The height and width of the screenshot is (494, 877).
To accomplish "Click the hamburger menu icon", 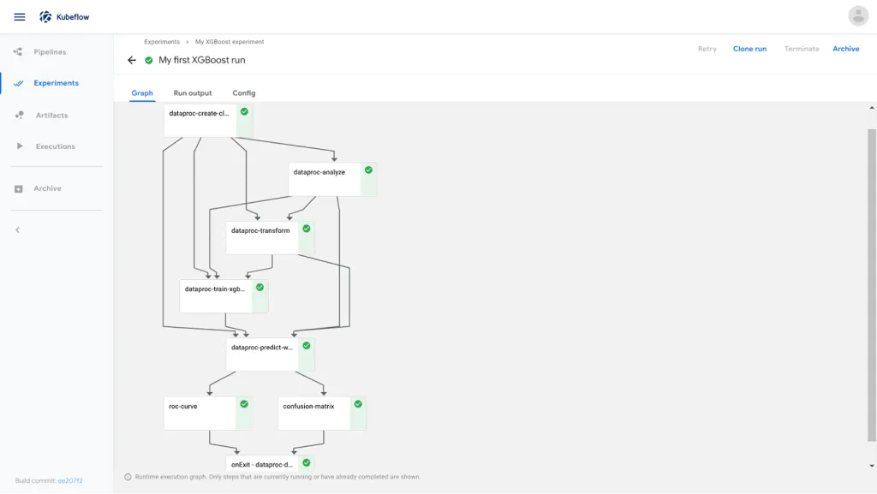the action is [20, 17].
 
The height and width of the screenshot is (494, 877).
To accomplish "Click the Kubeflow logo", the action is [45, 17].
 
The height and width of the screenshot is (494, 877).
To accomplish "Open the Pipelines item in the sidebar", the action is [50, 52].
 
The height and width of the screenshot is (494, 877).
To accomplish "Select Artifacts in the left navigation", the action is [51, 115].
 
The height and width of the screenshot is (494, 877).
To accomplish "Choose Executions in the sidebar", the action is [55, 146].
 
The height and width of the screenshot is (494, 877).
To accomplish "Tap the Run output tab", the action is [193, 92].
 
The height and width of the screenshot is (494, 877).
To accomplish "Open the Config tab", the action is [244, 92].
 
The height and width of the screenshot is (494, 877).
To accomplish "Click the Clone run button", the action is [749, 49].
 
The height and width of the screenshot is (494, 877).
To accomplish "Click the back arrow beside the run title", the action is [131, 60].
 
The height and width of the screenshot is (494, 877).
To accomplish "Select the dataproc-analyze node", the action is [333, 179].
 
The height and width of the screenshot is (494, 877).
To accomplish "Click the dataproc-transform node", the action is [270, 237].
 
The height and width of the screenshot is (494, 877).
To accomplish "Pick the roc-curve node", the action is [208, 413].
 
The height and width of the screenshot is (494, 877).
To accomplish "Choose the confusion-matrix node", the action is [322, 413].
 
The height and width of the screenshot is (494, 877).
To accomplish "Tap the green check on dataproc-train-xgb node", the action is [260, 287].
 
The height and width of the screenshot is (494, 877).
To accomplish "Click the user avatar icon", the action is [858, 16].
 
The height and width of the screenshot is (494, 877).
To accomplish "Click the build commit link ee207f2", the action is [70, 480].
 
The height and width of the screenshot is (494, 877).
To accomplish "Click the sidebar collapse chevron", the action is [17, 229].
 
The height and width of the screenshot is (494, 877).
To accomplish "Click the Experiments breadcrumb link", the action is [162, 42].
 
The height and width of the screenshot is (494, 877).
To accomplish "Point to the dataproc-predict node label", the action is [262, 348].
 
